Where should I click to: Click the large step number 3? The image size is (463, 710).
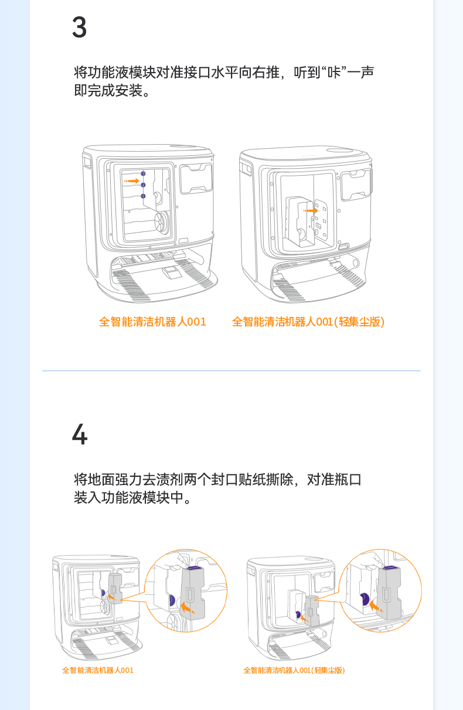pyautogui.click(x=79, y=28)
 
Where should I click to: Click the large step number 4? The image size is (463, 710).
pyautogui.click(x=79, y=435)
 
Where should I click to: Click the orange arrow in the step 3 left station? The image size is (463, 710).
pyautogui.click(x=132, y=181)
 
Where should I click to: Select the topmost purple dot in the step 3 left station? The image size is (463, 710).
pyautogui.click(x=143, y=175)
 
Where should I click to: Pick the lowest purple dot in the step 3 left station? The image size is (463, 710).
pyautogui.click(x=143, y=196)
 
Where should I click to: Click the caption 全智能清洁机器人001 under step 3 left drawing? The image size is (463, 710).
pyautogui.click(x=152, y=322)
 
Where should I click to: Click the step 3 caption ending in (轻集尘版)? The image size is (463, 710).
pyautogui.click(x=308, y=322)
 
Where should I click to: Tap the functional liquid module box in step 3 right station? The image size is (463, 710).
pyautogui.click(x=299, y=220)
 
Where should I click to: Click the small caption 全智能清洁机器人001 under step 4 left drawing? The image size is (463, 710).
pyautogui.click(x=98, y=670)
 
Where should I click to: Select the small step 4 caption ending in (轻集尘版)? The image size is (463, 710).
pyautogui.click(x=294, y=670)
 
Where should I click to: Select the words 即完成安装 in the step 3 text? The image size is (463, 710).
pyautogui.click(x=108, y=91)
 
